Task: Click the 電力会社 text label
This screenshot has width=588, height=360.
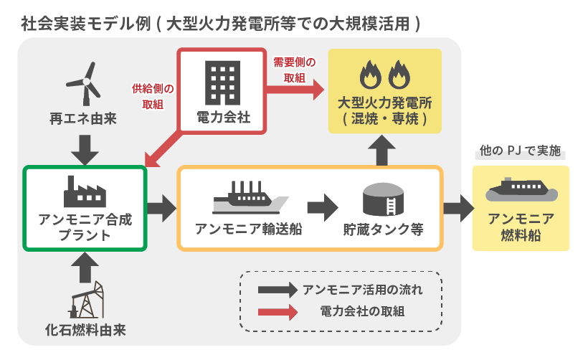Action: point(223,117)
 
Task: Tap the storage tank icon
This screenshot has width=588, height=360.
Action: point(380,197)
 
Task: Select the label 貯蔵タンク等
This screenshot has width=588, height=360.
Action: point(381,230)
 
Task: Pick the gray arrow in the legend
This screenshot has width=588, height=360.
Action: point(277,290)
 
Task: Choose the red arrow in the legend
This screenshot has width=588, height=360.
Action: point(277,313)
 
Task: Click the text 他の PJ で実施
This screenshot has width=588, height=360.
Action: point(520,153)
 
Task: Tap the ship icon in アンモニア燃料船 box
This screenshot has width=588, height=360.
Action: point(521,190)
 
